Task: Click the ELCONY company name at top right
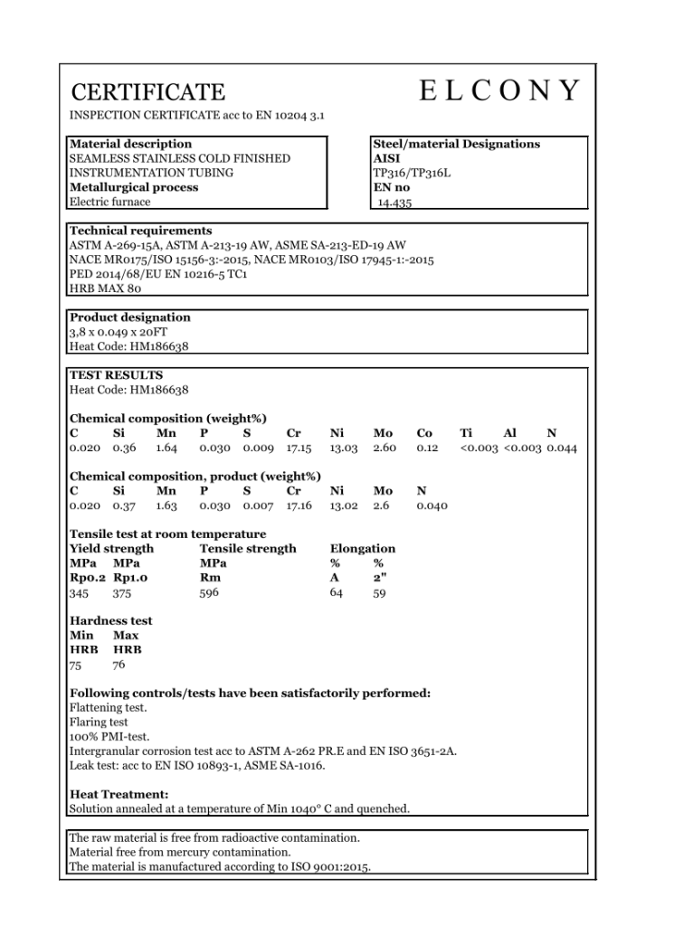498,91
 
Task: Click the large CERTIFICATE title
147,92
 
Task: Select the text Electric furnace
109,202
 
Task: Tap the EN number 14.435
394,203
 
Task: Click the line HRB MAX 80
105,288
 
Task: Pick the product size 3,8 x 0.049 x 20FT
118,332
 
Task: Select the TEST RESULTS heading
116,375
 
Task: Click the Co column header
424,433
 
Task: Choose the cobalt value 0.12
427,448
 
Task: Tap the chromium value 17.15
299,448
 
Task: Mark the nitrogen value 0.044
562,448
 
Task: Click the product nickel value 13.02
344,506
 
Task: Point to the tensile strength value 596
209,592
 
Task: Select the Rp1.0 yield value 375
122,593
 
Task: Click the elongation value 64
337,592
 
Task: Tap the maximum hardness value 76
119,665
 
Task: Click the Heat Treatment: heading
119,794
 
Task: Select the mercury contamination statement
180,852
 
